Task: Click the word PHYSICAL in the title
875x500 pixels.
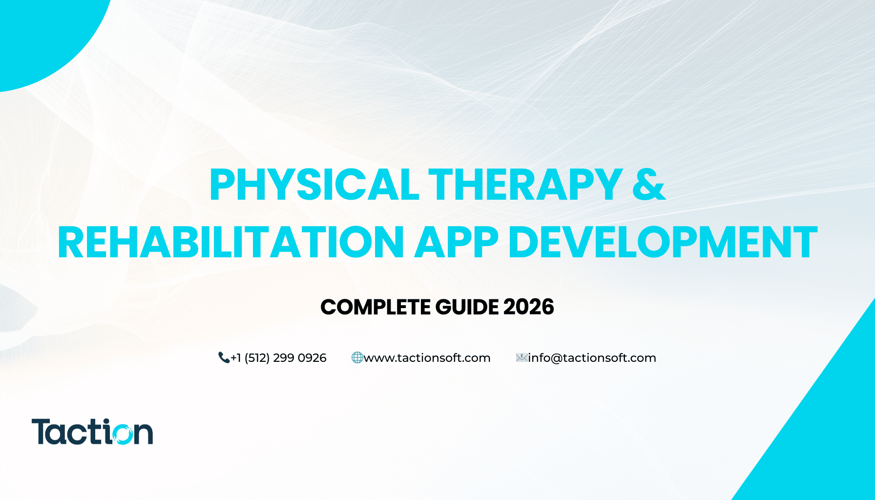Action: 314,185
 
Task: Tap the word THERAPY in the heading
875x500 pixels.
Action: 525,185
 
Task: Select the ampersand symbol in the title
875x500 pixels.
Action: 649,185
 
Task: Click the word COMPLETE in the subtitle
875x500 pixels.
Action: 375,307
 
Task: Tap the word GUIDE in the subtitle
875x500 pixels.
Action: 467,307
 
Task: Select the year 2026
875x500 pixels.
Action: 529,307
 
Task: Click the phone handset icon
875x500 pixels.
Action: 224,358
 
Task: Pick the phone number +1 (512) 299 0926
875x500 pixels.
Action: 278,358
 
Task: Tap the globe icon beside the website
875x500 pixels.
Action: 357,358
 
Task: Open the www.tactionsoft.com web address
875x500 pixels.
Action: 427,358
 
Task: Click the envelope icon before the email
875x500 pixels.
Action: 522,358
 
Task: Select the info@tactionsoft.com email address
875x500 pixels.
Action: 592,358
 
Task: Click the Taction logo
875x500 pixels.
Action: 92,432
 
